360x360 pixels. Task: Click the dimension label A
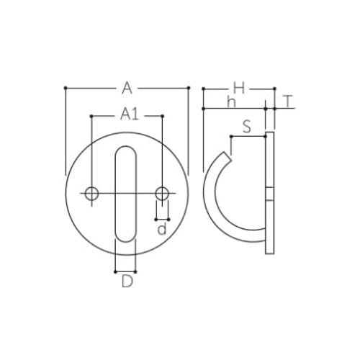coord(127,88)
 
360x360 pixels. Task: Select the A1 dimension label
coord(130,114)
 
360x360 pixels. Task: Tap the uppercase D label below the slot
coord(127,282)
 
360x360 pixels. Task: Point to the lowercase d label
coord(162,228)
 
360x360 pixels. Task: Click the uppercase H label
coord(239,88)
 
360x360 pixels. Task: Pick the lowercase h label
coord(232,102)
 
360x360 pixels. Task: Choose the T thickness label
coord(288,102)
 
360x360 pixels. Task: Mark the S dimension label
coord(247,127)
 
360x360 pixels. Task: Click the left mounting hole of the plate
coord(91,194)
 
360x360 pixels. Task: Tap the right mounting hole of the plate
coord(162,194)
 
